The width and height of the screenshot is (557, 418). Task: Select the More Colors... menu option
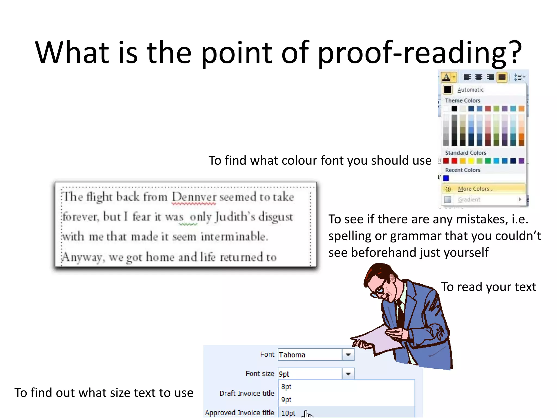(x=475, y=189)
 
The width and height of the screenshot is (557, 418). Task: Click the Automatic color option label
(x=470, y=90)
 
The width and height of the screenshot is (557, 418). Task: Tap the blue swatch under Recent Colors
(x=446, y=178)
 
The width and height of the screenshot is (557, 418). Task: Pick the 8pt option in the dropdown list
(x=286, y=387)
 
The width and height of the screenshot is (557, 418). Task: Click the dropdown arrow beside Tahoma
(x=348, y=355)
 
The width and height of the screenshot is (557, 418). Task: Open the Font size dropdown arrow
(x=348, y=374)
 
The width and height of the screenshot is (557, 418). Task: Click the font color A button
(x=446, y=77)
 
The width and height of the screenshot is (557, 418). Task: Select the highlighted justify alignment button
(x=502, y=77)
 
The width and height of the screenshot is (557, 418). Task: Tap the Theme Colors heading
(x=462, y=101)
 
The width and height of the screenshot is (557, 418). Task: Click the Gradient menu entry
(x=469, y=200)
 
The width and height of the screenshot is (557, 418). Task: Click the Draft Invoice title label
(x=247, y=394)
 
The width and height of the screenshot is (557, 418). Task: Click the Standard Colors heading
(x=465, y=153)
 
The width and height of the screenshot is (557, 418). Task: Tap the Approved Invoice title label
(x=239, y=413)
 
